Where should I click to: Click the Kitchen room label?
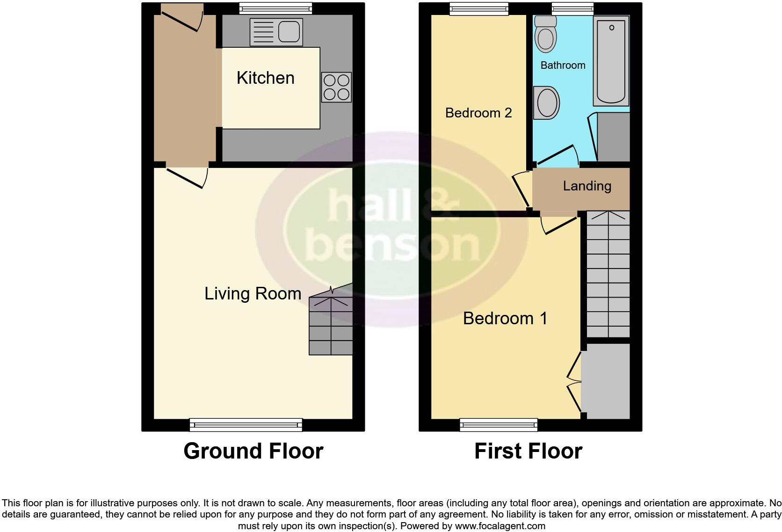point(265,78)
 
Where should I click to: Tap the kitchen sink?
point(276,32)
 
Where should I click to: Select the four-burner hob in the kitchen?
point(336,87)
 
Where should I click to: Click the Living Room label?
point(253,293)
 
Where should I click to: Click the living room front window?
point(246,424)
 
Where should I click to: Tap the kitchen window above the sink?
point(275,8)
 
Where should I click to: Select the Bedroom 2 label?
point(478,113)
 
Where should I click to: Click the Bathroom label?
point(563,65)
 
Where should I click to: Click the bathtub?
point(611,61)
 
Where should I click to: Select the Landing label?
point(587,186)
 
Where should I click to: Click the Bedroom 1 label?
point(505,318)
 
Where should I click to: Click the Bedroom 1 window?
point(499,424)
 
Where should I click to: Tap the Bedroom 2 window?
point(479,8)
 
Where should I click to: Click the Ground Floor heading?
point(253,451)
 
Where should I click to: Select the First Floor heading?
point(528,451)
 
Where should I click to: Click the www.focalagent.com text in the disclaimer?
point(500,525)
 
